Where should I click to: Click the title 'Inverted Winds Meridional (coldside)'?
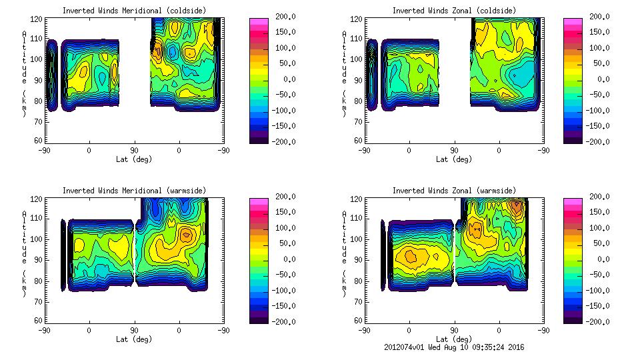tap(134, 11)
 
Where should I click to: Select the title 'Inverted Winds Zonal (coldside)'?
tap(454, 11)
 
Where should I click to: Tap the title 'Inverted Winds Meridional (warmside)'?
tap(134, 191)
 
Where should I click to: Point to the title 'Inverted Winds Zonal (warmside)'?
tap(454, 191)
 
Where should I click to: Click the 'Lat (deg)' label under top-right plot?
tap(454, 159)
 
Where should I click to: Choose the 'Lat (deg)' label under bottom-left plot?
tap(134, 339)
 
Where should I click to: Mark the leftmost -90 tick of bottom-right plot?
tap(364, 330)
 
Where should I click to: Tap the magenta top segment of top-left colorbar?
tap(258, 22)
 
